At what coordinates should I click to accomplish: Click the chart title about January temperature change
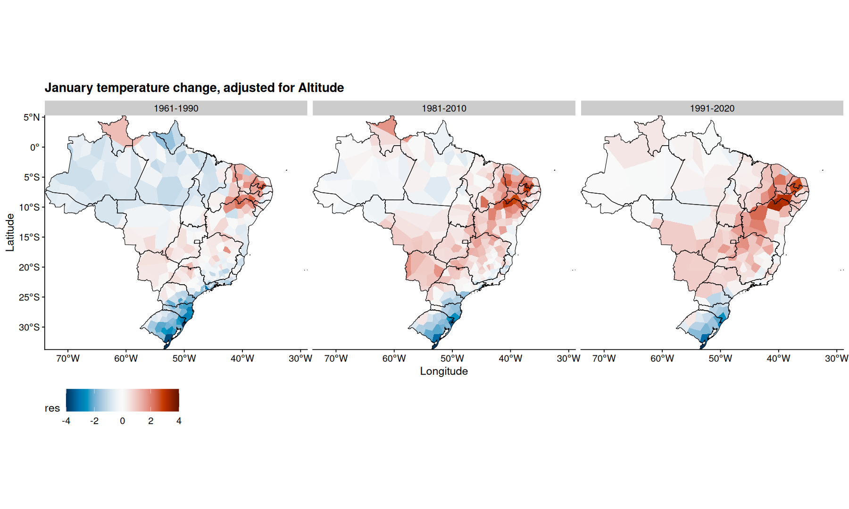(x=194, y=88)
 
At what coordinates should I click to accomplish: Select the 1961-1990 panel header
(x=176, y=108)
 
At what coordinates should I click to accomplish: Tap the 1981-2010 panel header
(x=444, y=108)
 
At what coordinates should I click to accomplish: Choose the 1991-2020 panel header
(x=712, y=108)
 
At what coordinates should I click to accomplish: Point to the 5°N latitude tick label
(x=32, y=117)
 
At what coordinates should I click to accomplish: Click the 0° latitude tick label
(x=35, y=148)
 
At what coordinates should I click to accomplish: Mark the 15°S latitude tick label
(x=29, y=237)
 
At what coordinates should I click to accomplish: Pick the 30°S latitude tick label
(x=29, y=327)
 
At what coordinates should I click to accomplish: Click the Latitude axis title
(x=10, y=232)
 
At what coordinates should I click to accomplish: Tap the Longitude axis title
(x=444, y=371)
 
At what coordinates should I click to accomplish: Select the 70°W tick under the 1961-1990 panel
(x=68, y=359)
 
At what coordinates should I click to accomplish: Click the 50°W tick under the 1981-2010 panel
(x=452, y=359)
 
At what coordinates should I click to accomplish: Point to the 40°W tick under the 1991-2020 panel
(x=778, y=359)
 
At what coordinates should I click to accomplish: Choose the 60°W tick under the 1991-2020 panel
(x=662, y=359)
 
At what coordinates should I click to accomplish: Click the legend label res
(x=52, y=408)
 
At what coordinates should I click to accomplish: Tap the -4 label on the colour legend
(x=66, y=421)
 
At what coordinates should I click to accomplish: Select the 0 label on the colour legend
(x=123, y=421)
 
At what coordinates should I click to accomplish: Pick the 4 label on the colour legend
(x=179, y=421)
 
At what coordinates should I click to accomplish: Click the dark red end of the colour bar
(x=175, y=400)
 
